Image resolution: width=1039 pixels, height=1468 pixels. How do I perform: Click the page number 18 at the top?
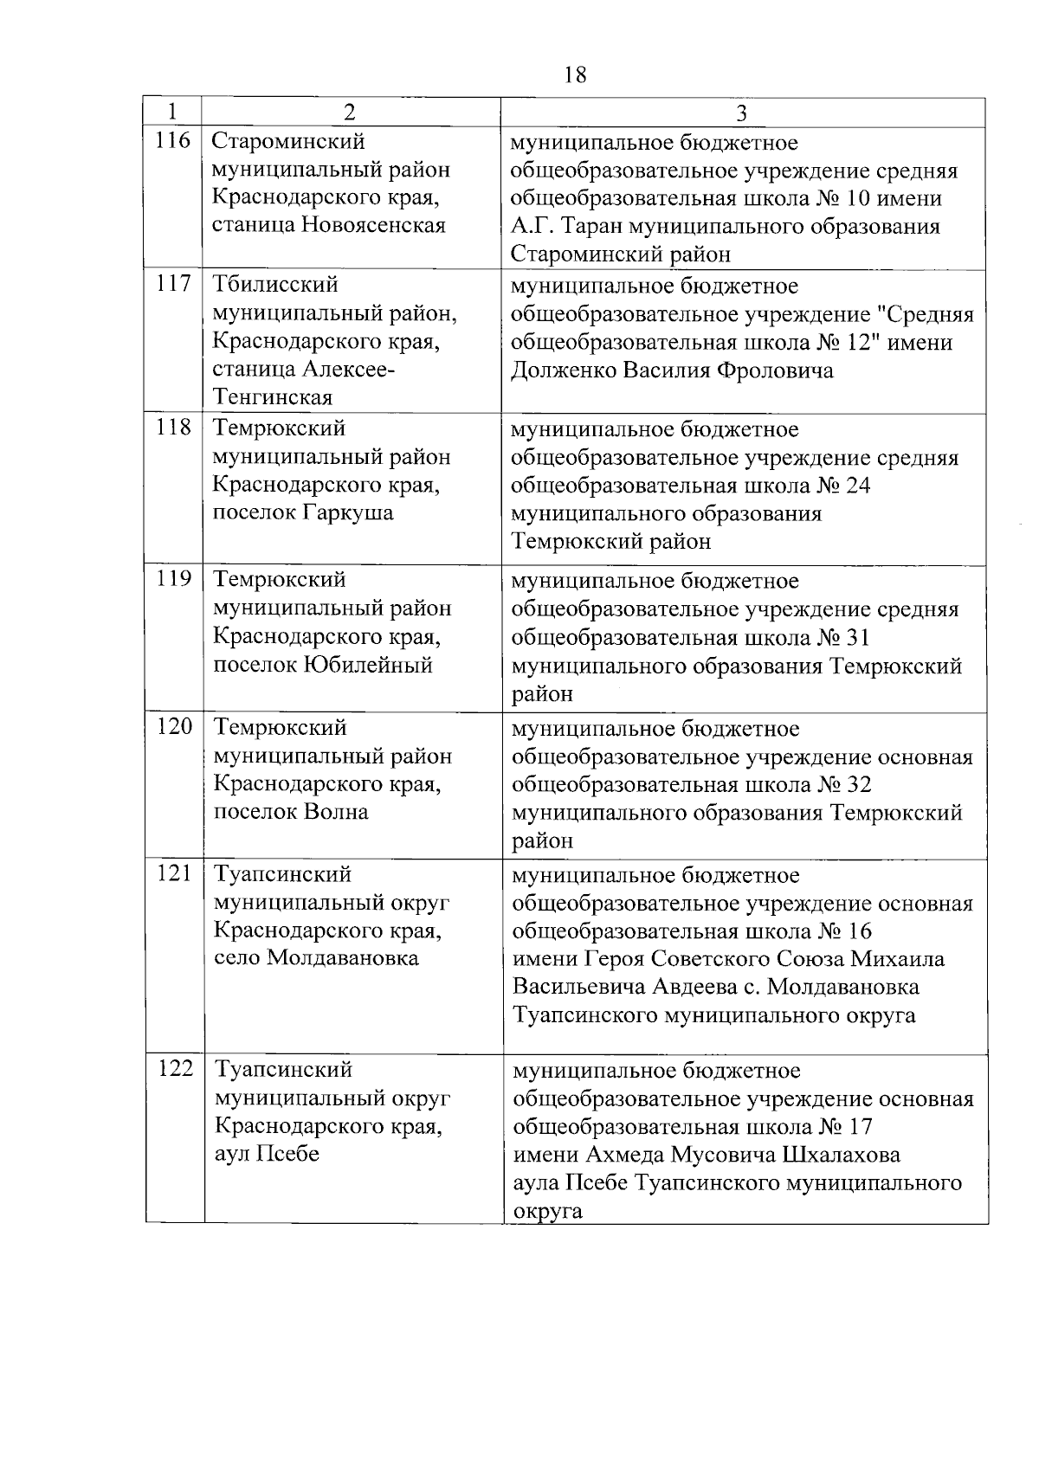point(575,75)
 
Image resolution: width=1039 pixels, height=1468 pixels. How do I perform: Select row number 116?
point(172,140)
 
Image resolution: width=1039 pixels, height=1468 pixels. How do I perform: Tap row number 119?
point(173,578)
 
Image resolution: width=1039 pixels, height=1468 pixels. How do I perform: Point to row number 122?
point(175,1068)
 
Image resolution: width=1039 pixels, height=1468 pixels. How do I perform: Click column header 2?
point(350,113)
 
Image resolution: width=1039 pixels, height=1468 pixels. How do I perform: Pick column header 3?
point(742,113)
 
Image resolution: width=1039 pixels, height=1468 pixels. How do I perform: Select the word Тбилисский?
point(275,285)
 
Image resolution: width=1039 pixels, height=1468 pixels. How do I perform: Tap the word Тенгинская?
point(272,398)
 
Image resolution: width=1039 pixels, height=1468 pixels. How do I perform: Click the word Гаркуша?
point(347,512)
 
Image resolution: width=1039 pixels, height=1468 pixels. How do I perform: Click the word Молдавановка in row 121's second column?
point(343,958)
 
